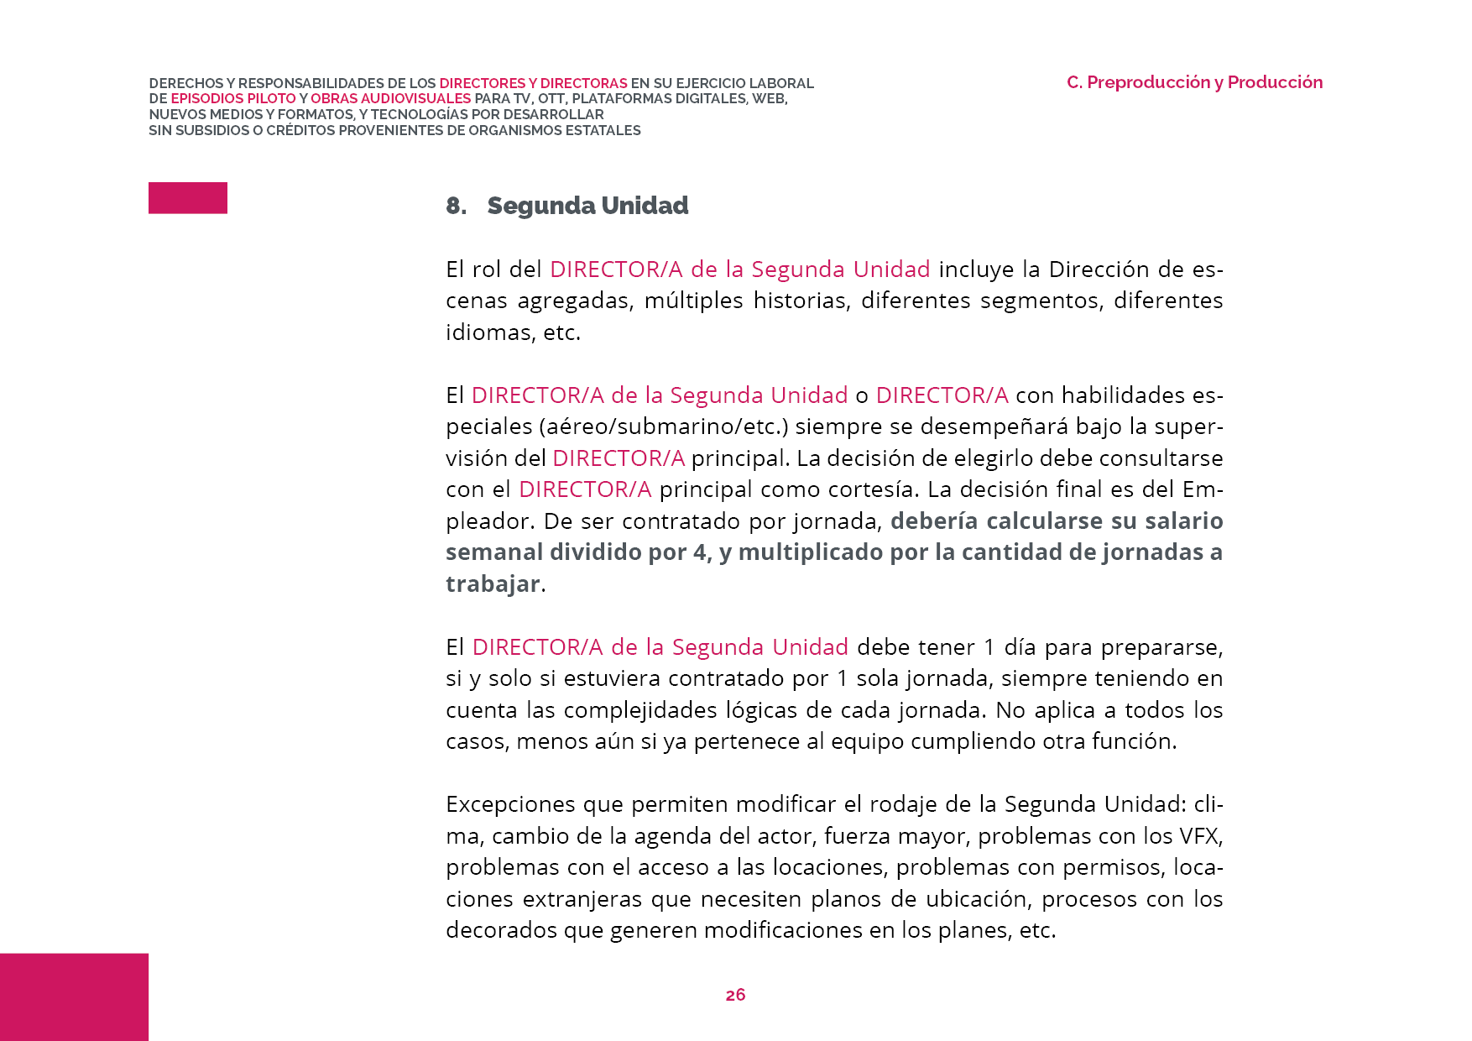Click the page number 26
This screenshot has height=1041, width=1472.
point(735,995)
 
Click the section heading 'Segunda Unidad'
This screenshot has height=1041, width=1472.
point(587,206)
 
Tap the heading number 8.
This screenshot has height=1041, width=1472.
point(456,206)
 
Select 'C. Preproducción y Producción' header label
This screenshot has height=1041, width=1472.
point(1194,82)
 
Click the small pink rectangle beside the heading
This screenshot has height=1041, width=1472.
point(188,198)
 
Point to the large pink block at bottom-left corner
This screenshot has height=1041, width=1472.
point(74,997)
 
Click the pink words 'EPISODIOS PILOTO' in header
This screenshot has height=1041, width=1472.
point(233,99)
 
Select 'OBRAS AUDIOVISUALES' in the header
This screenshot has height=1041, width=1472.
point(390,99)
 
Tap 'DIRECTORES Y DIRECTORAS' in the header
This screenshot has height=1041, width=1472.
point(533,83)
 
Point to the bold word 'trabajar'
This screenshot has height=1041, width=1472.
point(493,583)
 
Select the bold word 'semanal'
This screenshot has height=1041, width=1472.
point(494,552)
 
